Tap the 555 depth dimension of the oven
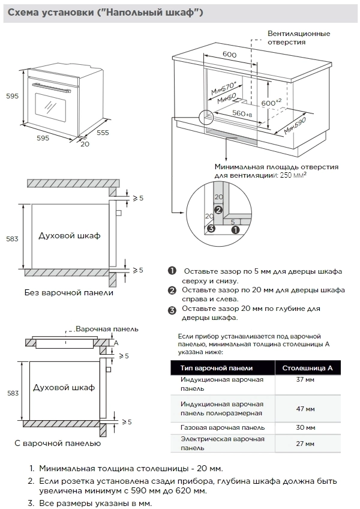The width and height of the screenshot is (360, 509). pyautogui.click(x=102, y=132)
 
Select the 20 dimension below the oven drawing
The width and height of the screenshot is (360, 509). pyautogui.click(x=84, y=144)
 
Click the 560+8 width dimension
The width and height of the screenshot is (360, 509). pyautogui.click(x=242, y=113)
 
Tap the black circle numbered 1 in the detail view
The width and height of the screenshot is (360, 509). pyautogui.click(x=236, y=229)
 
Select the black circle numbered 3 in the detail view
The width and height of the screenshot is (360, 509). pyautogui.click(x=211, y=228)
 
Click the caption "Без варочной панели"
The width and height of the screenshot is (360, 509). pyautogui.click(x=69, y=293)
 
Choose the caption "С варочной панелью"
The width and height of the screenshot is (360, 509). pyautogui.click(x=58, y=443)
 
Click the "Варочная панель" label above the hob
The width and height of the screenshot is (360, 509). pyautogui.click(x=107, y=329)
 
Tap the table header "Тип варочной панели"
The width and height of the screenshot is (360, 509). pyautogui.click(x=217, y=368)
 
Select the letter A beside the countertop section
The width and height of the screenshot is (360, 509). pyautogui.click(x=116, y=342)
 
